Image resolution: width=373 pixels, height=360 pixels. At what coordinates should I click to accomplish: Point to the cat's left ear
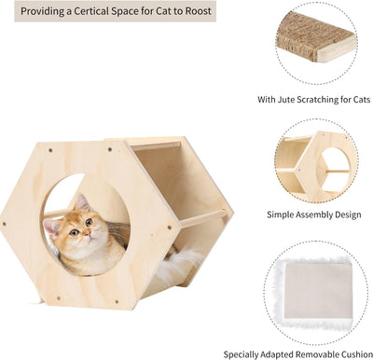[x=81, y=202]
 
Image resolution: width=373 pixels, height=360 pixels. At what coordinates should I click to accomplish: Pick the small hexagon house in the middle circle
[x=314, y=165]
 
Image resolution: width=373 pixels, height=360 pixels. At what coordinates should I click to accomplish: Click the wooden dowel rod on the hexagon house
[x=203, y=220]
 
